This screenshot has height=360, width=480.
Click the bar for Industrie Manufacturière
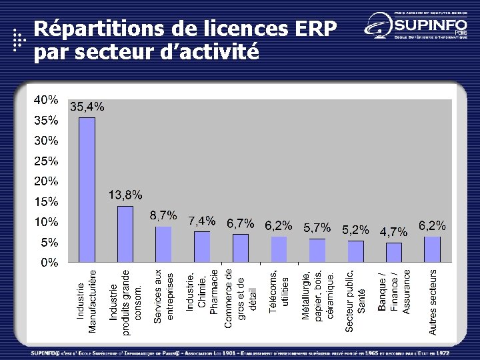pos(87,189)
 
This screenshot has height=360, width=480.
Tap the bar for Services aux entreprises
pos(163,244)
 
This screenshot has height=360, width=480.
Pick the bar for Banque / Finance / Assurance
pos(394,252)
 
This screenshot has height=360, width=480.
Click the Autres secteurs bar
pos(432,249)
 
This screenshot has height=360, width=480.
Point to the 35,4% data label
pos(87,107)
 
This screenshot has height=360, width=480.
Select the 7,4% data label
pos(201,219)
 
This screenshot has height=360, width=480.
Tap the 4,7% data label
pos(393,232)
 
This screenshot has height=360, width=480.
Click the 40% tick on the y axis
pos(46,101)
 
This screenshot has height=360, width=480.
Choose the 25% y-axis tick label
pos(46,161)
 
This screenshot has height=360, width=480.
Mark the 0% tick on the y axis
pos(49,263)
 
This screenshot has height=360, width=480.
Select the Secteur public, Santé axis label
pos(355,299)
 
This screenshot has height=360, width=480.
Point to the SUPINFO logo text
pos(427,25)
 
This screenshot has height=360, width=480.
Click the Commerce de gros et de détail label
pos(241,297)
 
